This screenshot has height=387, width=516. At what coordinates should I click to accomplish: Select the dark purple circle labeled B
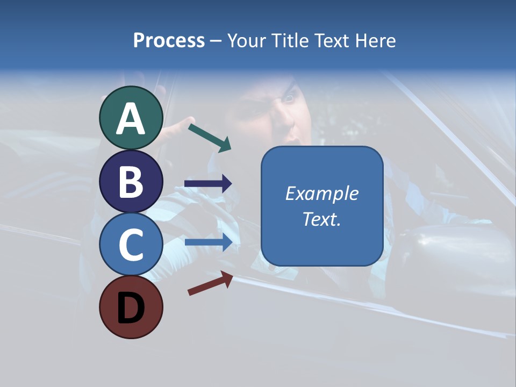[x=131, y=181]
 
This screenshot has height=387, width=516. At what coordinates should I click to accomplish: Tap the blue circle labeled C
[x=131, y=244]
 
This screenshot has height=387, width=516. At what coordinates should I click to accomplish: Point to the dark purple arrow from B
[x=208, y=184]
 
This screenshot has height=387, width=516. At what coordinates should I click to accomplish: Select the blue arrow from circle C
[x=208, y=242]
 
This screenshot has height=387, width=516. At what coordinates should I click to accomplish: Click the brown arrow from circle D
[x=210, y=283]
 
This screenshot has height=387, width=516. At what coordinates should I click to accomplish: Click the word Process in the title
[x=169, y=40]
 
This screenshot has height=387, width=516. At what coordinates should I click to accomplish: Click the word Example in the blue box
[x=321, y=193]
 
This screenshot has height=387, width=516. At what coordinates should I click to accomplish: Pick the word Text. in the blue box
[x=321, y=219]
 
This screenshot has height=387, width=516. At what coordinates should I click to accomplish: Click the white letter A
[x=131, y=119]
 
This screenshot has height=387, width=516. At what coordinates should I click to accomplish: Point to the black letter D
[x=131, y=308]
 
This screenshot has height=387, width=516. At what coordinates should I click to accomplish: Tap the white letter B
[x=131, y=181]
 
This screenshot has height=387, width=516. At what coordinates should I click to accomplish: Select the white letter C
[x=131, y=244]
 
